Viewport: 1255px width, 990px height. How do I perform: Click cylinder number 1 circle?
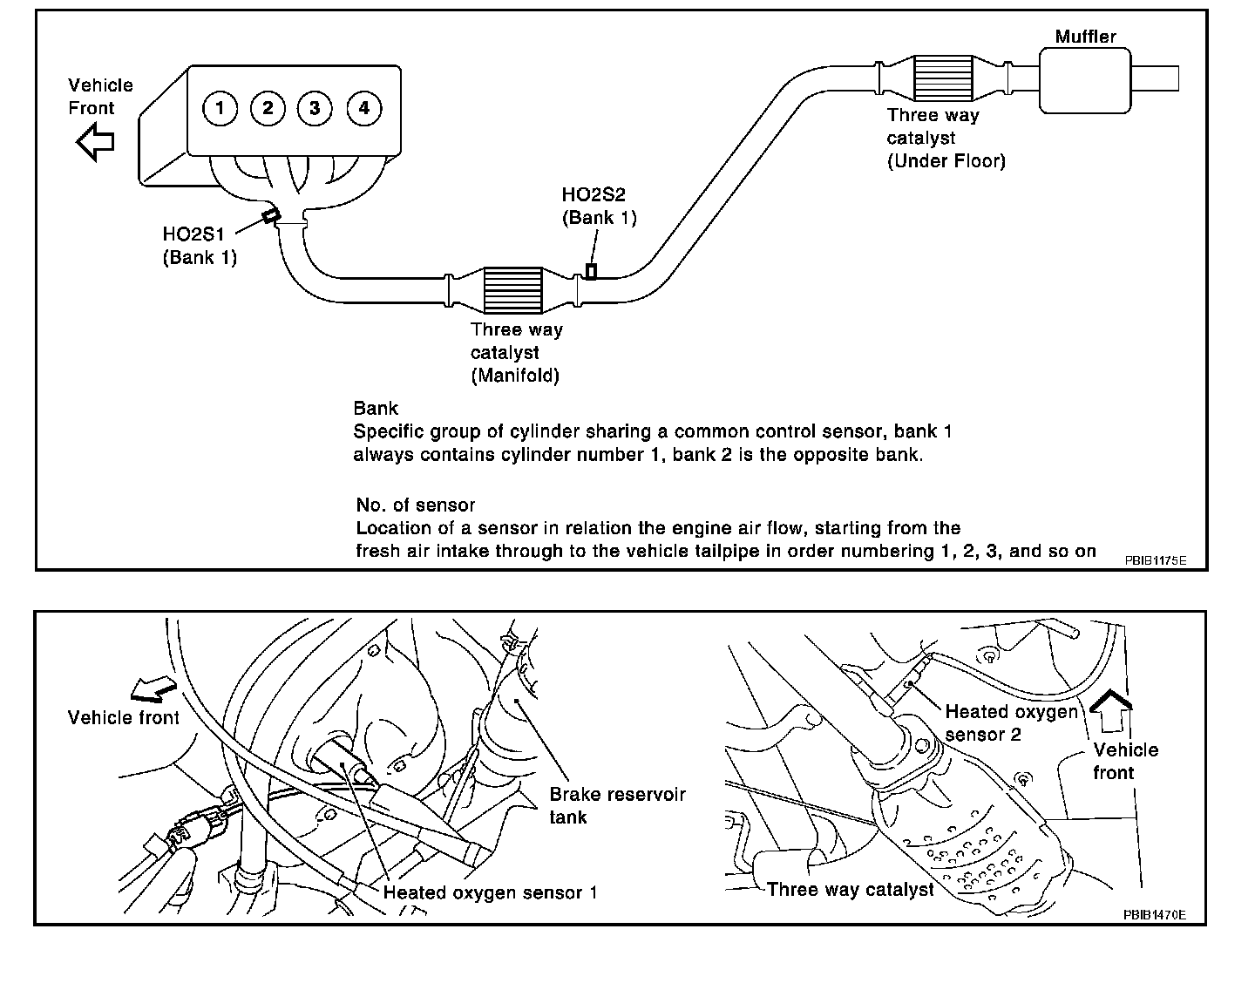point(220,108)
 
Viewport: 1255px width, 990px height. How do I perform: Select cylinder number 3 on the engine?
point(315,108)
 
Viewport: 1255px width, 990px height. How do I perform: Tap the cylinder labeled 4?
point(363,108)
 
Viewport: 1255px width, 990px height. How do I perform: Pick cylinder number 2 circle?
point(268,108)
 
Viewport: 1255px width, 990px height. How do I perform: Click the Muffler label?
point(1085,37)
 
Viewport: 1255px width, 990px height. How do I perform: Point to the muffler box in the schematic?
point(1085,79)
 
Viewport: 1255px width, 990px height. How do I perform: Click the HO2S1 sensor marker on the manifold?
point(272,214)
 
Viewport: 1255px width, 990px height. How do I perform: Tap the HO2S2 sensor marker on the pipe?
point(591,271)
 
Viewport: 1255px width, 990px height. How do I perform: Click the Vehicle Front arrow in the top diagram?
point(95,141)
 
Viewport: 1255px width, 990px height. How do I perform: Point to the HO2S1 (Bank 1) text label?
point(200,246)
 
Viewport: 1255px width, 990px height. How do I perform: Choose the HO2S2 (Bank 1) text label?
point(600,207)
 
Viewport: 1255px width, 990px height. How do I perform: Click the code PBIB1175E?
point(1155,560)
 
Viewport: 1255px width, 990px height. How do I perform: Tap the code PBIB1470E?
point(1154,914)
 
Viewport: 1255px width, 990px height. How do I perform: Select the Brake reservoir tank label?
point(617,806)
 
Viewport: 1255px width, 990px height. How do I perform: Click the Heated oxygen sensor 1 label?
point(491,892)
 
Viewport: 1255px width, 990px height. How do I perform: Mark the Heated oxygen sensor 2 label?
point(1011,723)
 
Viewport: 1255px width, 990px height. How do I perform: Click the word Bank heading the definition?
point(376,408)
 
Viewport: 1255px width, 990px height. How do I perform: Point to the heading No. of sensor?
point(416,505)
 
